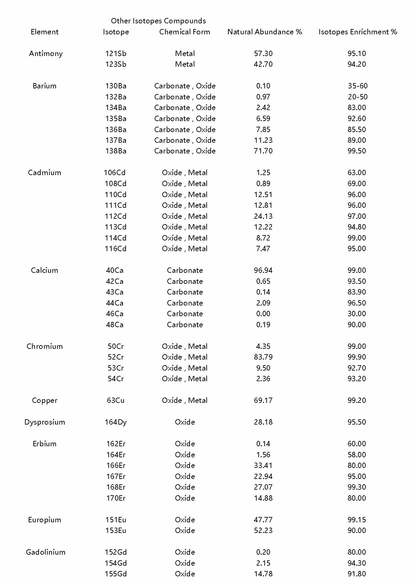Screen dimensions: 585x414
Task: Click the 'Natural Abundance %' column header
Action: pyautogui.click(x=265, y=32)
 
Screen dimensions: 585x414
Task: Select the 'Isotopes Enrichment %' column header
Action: pyautogui.click(x=358, y=32)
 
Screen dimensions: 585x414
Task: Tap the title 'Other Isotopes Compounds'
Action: pyautogui.click(x=158, y=21)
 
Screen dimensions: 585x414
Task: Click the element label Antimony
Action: pyautogui.click(x=46, y=54)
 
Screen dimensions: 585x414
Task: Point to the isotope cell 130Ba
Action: pyautogui.click(x=116, y=86)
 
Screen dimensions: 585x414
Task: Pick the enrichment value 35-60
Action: pyautogui.click(x=357, y=86)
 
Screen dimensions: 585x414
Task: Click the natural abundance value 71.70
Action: pyautogui.click(x=263, y=151)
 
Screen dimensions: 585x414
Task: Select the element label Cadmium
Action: pyautogui.click(x=44, y=173)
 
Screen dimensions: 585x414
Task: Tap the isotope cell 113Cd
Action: pyautogui.click(x=115, y=227)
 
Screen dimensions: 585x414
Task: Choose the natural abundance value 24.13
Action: pyautogui.click(x=263, y=216)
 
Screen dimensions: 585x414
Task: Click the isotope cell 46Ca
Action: pyautogui.click(x=115, y=314)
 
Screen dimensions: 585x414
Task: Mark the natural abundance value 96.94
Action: pyautogui.click(x=263, y=270)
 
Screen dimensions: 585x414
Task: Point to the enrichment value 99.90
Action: pyautogui.click(x=356, y=357)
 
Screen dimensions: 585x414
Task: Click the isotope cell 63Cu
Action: pyautogui.click(x=116, y=401)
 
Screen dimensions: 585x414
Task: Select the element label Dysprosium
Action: pyautogui.click(x=45, y=422)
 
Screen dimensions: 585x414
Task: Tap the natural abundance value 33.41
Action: pyautogui.click(x=263, y=466)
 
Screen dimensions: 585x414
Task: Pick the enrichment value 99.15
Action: pyautogui.click(x=356, y=520)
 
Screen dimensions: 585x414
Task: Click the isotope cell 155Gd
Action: pyautogui.click(x=116, y=574)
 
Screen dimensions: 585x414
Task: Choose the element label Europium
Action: pyautogui.click(x=44, y=520)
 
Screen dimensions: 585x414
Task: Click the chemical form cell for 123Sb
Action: pyautogui.click(x=185, y=64)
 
